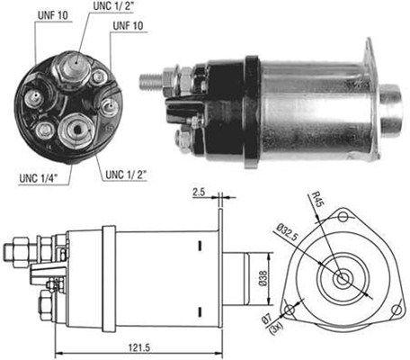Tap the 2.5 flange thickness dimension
[x=199, y=192]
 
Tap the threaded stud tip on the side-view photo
[x=146, y=78]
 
